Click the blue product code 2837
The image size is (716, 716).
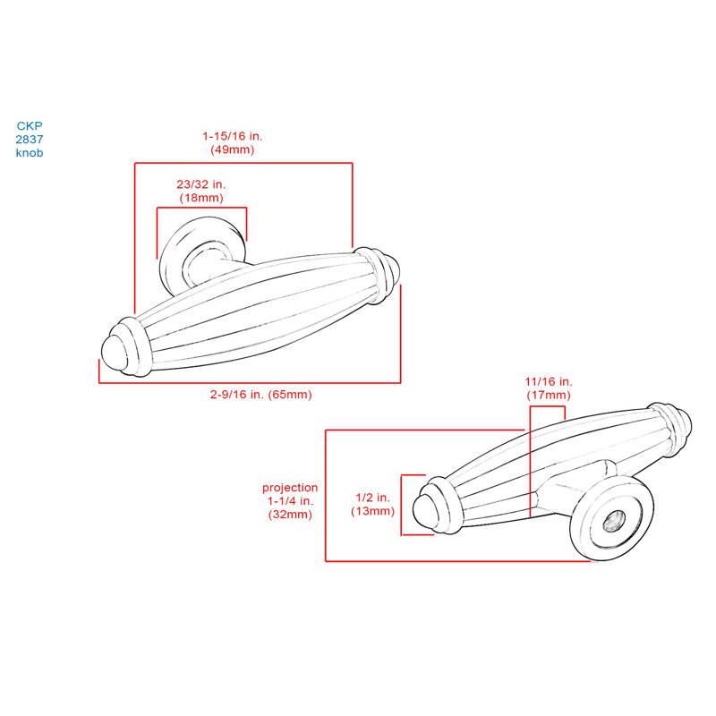pyautogui.click(x=30, y=140)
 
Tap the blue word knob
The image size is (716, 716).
pyautogui.click(x=30, y=152)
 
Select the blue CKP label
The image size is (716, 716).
pyautogui.click(x=30, y=126)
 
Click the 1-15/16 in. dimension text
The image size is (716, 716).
pyautogui.click(x=233, y=136)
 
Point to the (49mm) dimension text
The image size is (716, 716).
pyautogui.click(x=233, y=149)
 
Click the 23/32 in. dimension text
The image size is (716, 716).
pyautogui.click(x=201, y=184)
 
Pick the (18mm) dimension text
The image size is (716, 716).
pyautogui.click(x=201, y=198)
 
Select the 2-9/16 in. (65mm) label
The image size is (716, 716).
pyautogui.click(x=260, y=394)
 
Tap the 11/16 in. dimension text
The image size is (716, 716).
pyautogui.click(x=549, y=382)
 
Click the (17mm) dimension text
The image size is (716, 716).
pyautogui.click(x=549, y=395)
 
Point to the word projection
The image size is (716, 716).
pyautogui.click(x=290, y=488)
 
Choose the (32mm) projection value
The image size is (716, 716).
pyautogui.click(x=290, y=515)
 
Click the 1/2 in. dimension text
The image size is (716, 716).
pyautogui.click(x=372, y=498)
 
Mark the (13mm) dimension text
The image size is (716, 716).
pyautogui.click(x=372, y=511)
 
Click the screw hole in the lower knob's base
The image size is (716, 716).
pyautogui.click(x=613, y=521)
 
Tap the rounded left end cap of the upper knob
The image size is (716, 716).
pyautogui.click(x=115, y=353)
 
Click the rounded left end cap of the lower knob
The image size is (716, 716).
pyautogui.click(x=423, y=510)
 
